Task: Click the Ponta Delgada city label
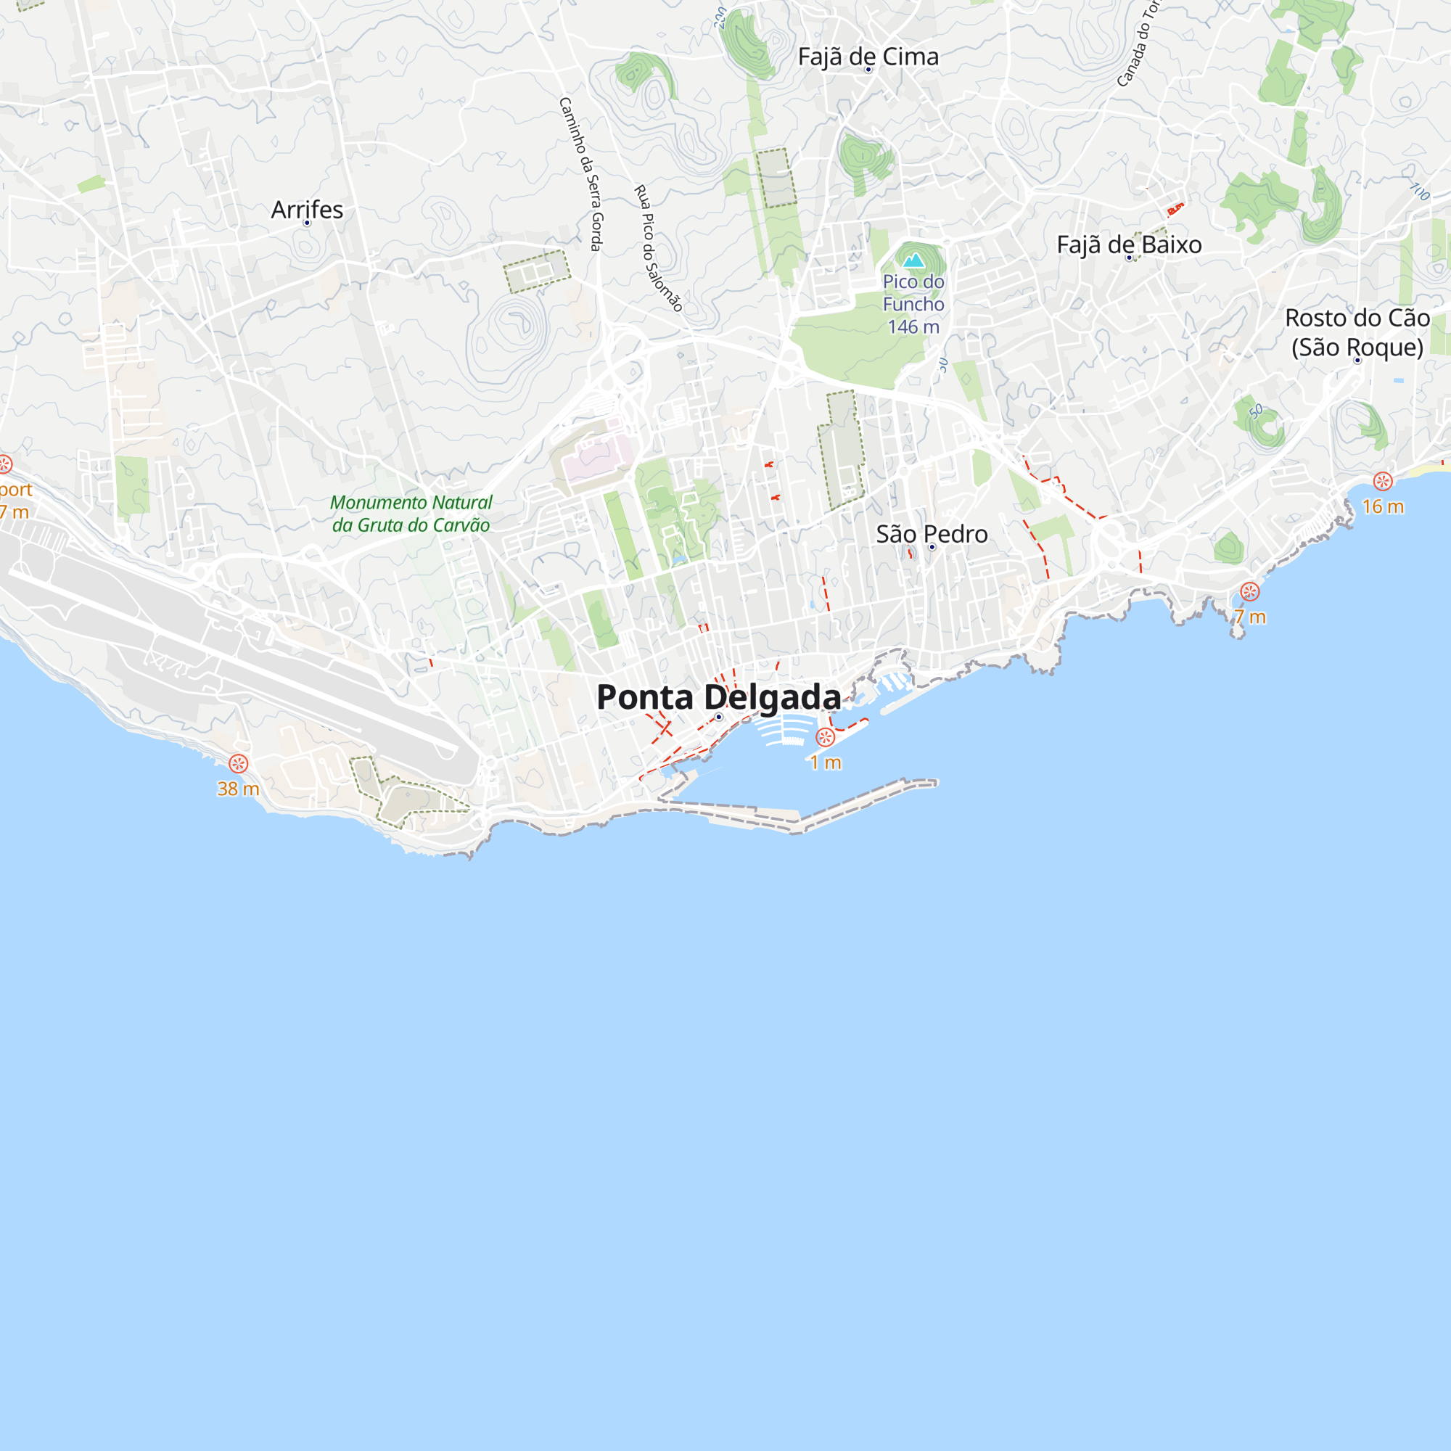(x=718, y=697)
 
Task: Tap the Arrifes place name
(x=306, y=210)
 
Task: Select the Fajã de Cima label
(x=868, y=57)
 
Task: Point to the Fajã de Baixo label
(x=1129, y=244)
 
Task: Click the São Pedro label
(x=932, y=534)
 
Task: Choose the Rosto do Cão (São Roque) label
(x=1357, y=332)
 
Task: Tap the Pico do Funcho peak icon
(x=913, y=260)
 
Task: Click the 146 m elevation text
(x=913, y=326)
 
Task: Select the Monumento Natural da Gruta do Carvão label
(x=411, y=514)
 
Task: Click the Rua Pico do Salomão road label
(x=659, y=248)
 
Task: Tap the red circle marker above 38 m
(x=238, y=764)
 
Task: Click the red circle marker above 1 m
(x=825, y=738)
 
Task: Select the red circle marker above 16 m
(x=1383, y=482)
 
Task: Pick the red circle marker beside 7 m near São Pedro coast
(x=1250, y=592)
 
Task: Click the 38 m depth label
(x=238, y=789)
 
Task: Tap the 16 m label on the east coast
(x=1383, y=507)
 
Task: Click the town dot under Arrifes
(x=306, y=223)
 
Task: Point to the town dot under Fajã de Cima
(x=868, y=70)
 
